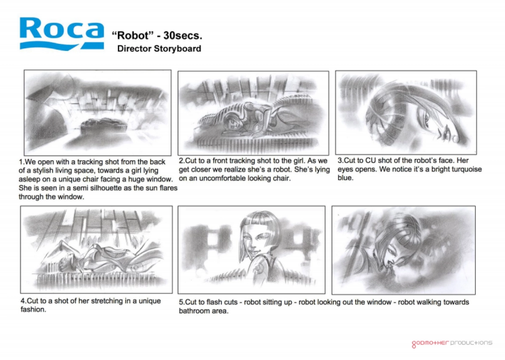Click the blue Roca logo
click(62, 34)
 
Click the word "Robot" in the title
click(133, 36)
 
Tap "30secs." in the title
click(183, 36)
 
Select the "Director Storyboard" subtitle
click(159, 49)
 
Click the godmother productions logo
click(452, 343)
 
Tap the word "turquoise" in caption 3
click(464, 169)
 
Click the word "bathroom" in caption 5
click(195, 311)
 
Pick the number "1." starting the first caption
click(21, 162)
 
